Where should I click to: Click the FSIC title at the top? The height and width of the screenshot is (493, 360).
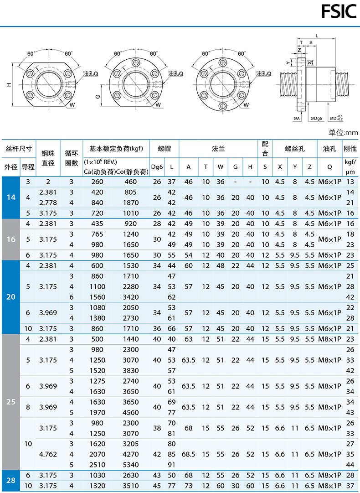339,12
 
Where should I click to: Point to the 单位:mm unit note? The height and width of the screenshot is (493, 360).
343,133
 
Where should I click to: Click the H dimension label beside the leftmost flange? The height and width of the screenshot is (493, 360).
9,84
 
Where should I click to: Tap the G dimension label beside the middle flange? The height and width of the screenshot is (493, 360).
98,96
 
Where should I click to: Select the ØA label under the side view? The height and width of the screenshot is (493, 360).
297,119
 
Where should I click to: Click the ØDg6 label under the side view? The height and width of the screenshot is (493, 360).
316,119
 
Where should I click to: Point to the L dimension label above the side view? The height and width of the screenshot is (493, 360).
317,36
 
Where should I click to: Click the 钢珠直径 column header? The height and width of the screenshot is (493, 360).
48,158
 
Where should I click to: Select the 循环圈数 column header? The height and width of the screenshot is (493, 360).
71,158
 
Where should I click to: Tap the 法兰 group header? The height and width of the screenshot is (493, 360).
218,149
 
